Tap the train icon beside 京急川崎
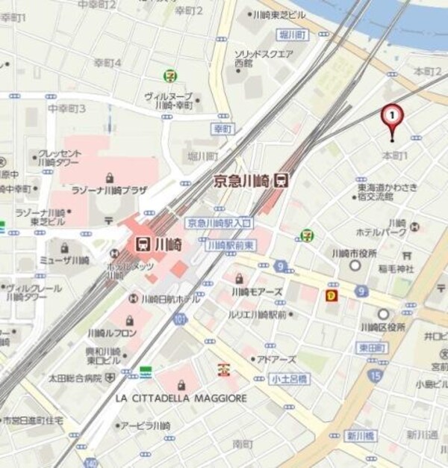pos(282,179)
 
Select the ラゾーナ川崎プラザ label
pos(109,191)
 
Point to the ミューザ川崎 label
pos(63,260)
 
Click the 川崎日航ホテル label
pos(170,299)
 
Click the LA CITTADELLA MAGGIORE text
pos(181,398)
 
